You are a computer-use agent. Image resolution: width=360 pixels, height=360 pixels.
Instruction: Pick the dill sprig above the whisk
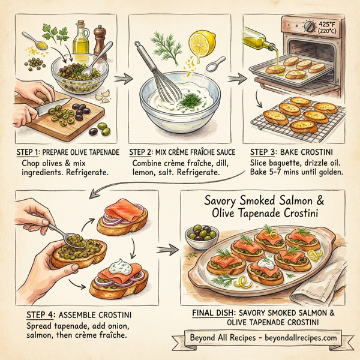click(162, 43)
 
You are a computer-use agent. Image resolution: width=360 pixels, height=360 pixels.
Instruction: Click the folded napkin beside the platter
click(333, 264)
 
